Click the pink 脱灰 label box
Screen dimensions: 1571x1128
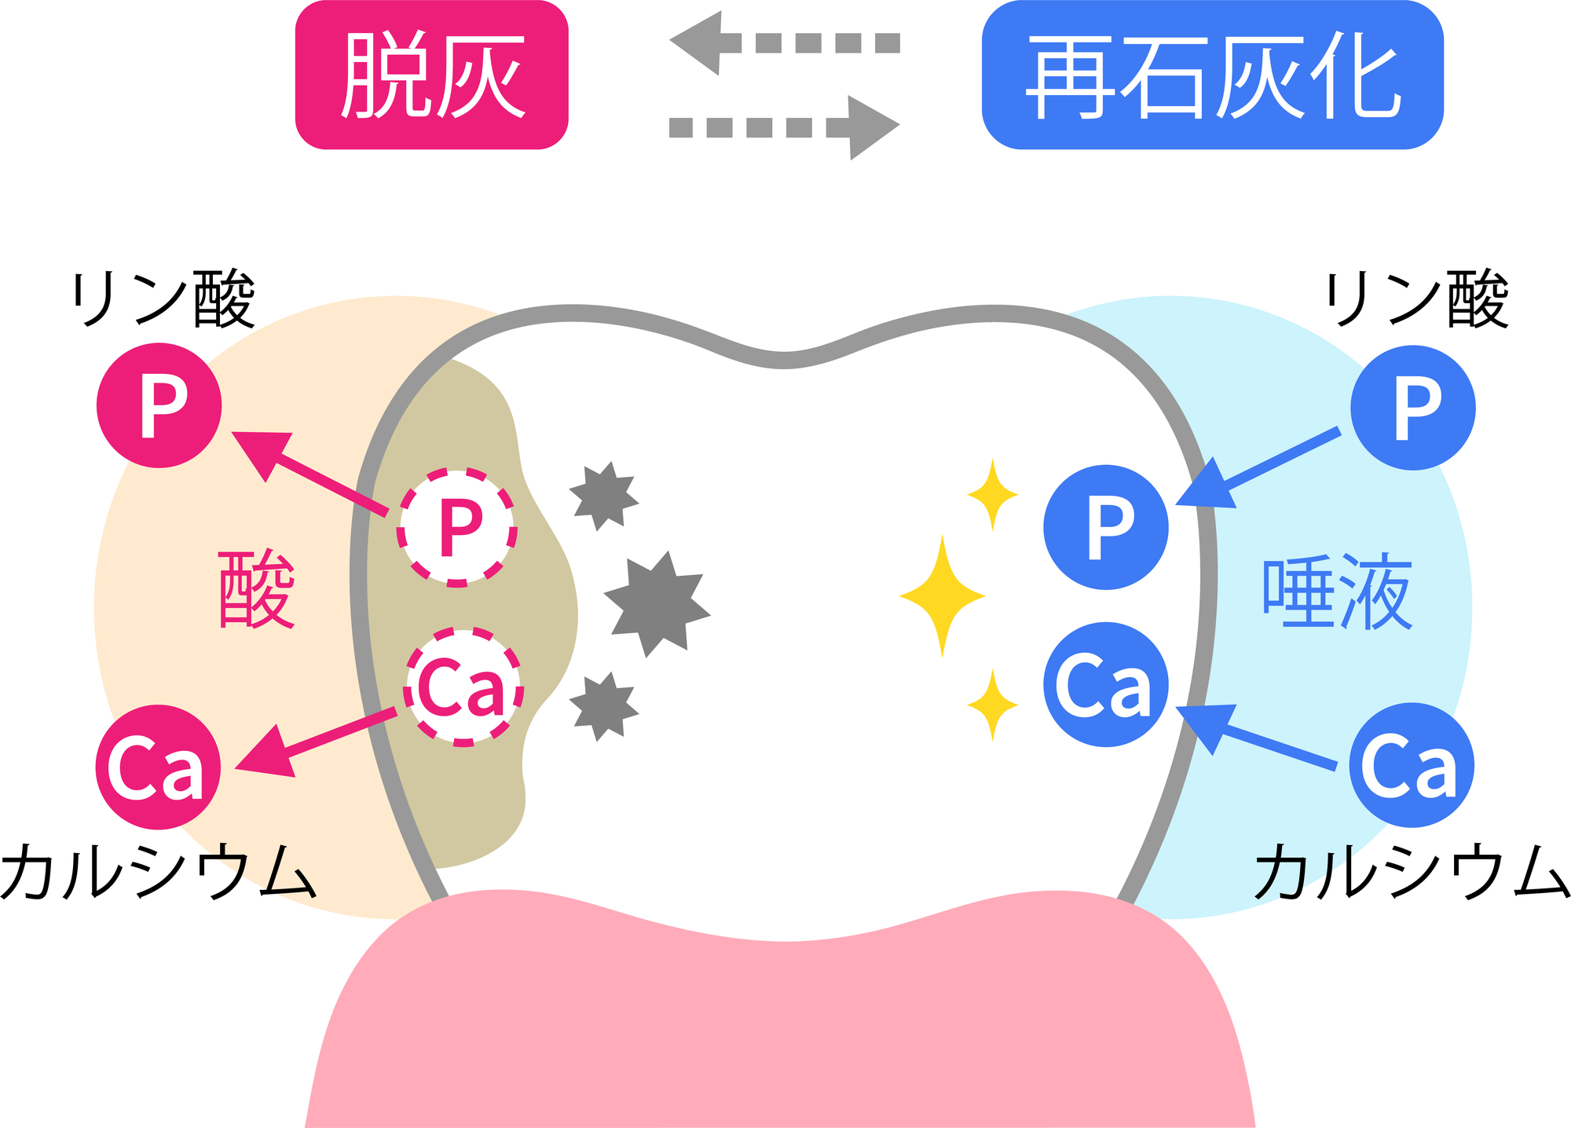coord(431,75)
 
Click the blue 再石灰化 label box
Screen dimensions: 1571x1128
coord(1212,75)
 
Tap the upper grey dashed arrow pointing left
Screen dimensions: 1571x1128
coord(784,42)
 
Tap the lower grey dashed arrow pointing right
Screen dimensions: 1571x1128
coord(784,127)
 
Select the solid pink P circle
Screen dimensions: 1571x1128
coord(159,405)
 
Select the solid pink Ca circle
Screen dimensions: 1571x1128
coord(158,767)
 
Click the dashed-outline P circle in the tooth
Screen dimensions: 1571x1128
coord(457,527)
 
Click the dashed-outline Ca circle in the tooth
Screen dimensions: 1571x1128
coord(463,687)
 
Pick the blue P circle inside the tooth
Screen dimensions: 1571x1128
coord(1106,527)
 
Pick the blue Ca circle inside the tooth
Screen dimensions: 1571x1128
coord(1106,684)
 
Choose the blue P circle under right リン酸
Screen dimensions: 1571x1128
coord(1413,408)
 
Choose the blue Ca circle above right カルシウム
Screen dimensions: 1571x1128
coord(1412,765)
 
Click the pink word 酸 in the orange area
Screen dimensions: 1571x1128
coord(257,589)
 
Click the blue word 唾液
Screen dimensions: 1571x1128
coord(1338,591)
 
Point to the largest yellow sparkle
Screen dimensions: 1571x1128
coord(943,596)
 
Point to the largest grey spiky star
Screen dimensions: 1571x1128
coord(657,603)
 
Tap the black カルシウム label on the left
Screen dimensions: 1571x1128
coord(159,871)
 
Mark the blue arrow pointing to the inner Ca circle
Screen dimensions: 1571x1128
coord(1256,736)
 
